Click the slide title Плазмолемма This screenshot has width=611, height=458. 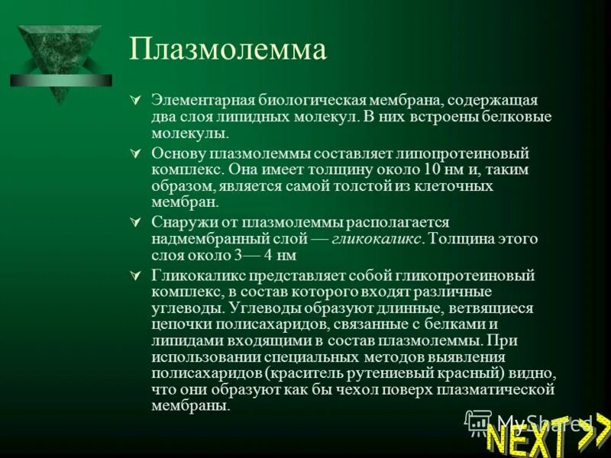coord(228,50)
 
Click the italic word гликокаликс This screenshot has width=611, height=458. coord(377,239)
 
